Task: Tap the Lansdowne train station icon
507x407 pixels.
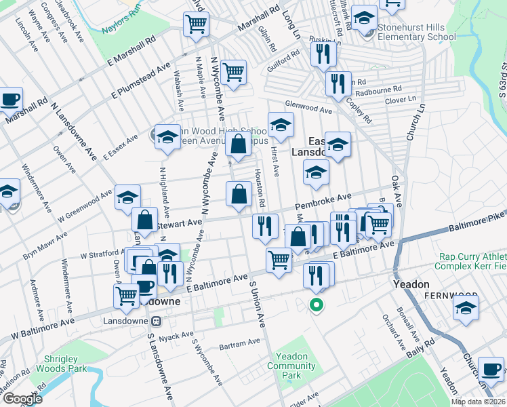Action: tap(156, 321)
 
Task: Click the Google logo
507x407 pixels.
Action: tap(22, 399)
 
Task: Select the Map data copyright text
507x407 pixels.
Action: tap(478, 402)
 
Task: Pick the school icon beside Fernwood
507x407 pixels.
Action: tap(466, 307)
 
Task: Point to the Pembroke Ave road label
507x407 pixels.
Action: tap(323, 201)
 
